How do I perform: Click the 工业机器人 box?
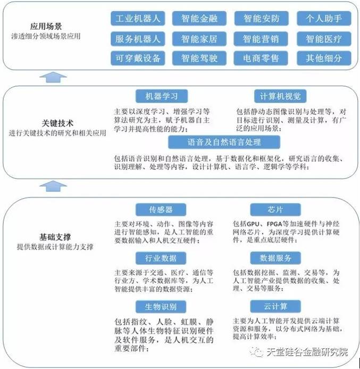tap(137, 19)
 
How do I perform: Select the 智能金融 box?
tap(199, 19)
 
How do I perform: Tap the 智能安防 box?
tap(261, 19)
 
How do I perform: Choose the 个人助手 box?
tap(323, 19)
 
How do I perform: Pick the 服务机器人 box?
tap(137, 38)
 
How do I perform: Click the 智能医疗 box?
tap(323, 38)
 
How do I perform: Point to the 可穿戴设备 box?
tap(137, 58)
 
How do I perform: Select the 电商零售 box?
tap(261, 58)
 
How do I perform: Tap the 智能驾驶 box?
tap(199, 58)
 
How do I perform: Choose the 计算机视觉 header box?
tap(280, 96)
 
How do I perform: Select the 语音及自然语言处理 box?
tap(223, 142)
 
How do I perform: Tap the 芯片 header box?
tap(275, 209)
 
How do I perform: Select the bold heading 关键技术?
tap(56, 123)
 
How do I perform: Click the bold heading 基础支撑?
tap(55, 236)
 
